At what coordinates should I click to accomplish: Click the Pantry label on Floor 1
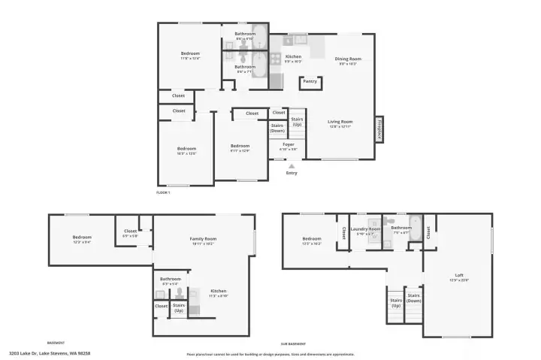pyautogui.click(x=310, y=82)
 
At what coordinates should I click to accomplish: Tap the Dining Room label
pyautogui.click(x=348, y=59)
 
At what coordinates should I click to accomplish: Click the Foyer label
pyautogui.click(x=289, y=144)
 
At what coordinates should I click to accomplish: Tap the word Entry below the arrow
pyautogui.click(x=292, y=173)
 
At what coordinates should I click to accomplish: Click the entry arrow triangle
pyautogui.click(x=292, y=165)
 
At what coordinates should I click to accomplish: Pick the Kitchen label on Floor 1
pyautogui.click(x=293, y=56)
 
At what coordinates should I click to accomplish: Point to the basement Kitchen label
pyautogui.click(x=218, y=291)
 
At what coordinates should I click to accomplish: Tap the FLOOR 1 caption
pyautogui.click(x=163, y=192)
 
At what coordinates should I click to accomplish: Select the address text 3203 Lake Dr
pyautogui.click(x=50, y=352)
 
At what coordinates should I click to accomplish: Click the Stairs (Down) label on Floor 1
pyautogui.click(x=277, y=128)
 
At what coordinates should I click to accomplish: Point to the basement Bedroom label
pyautogui.click(x=82, y=237)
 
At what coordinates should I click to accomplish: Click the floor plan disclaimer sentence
pyautogui.click(x=270, y=354)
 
